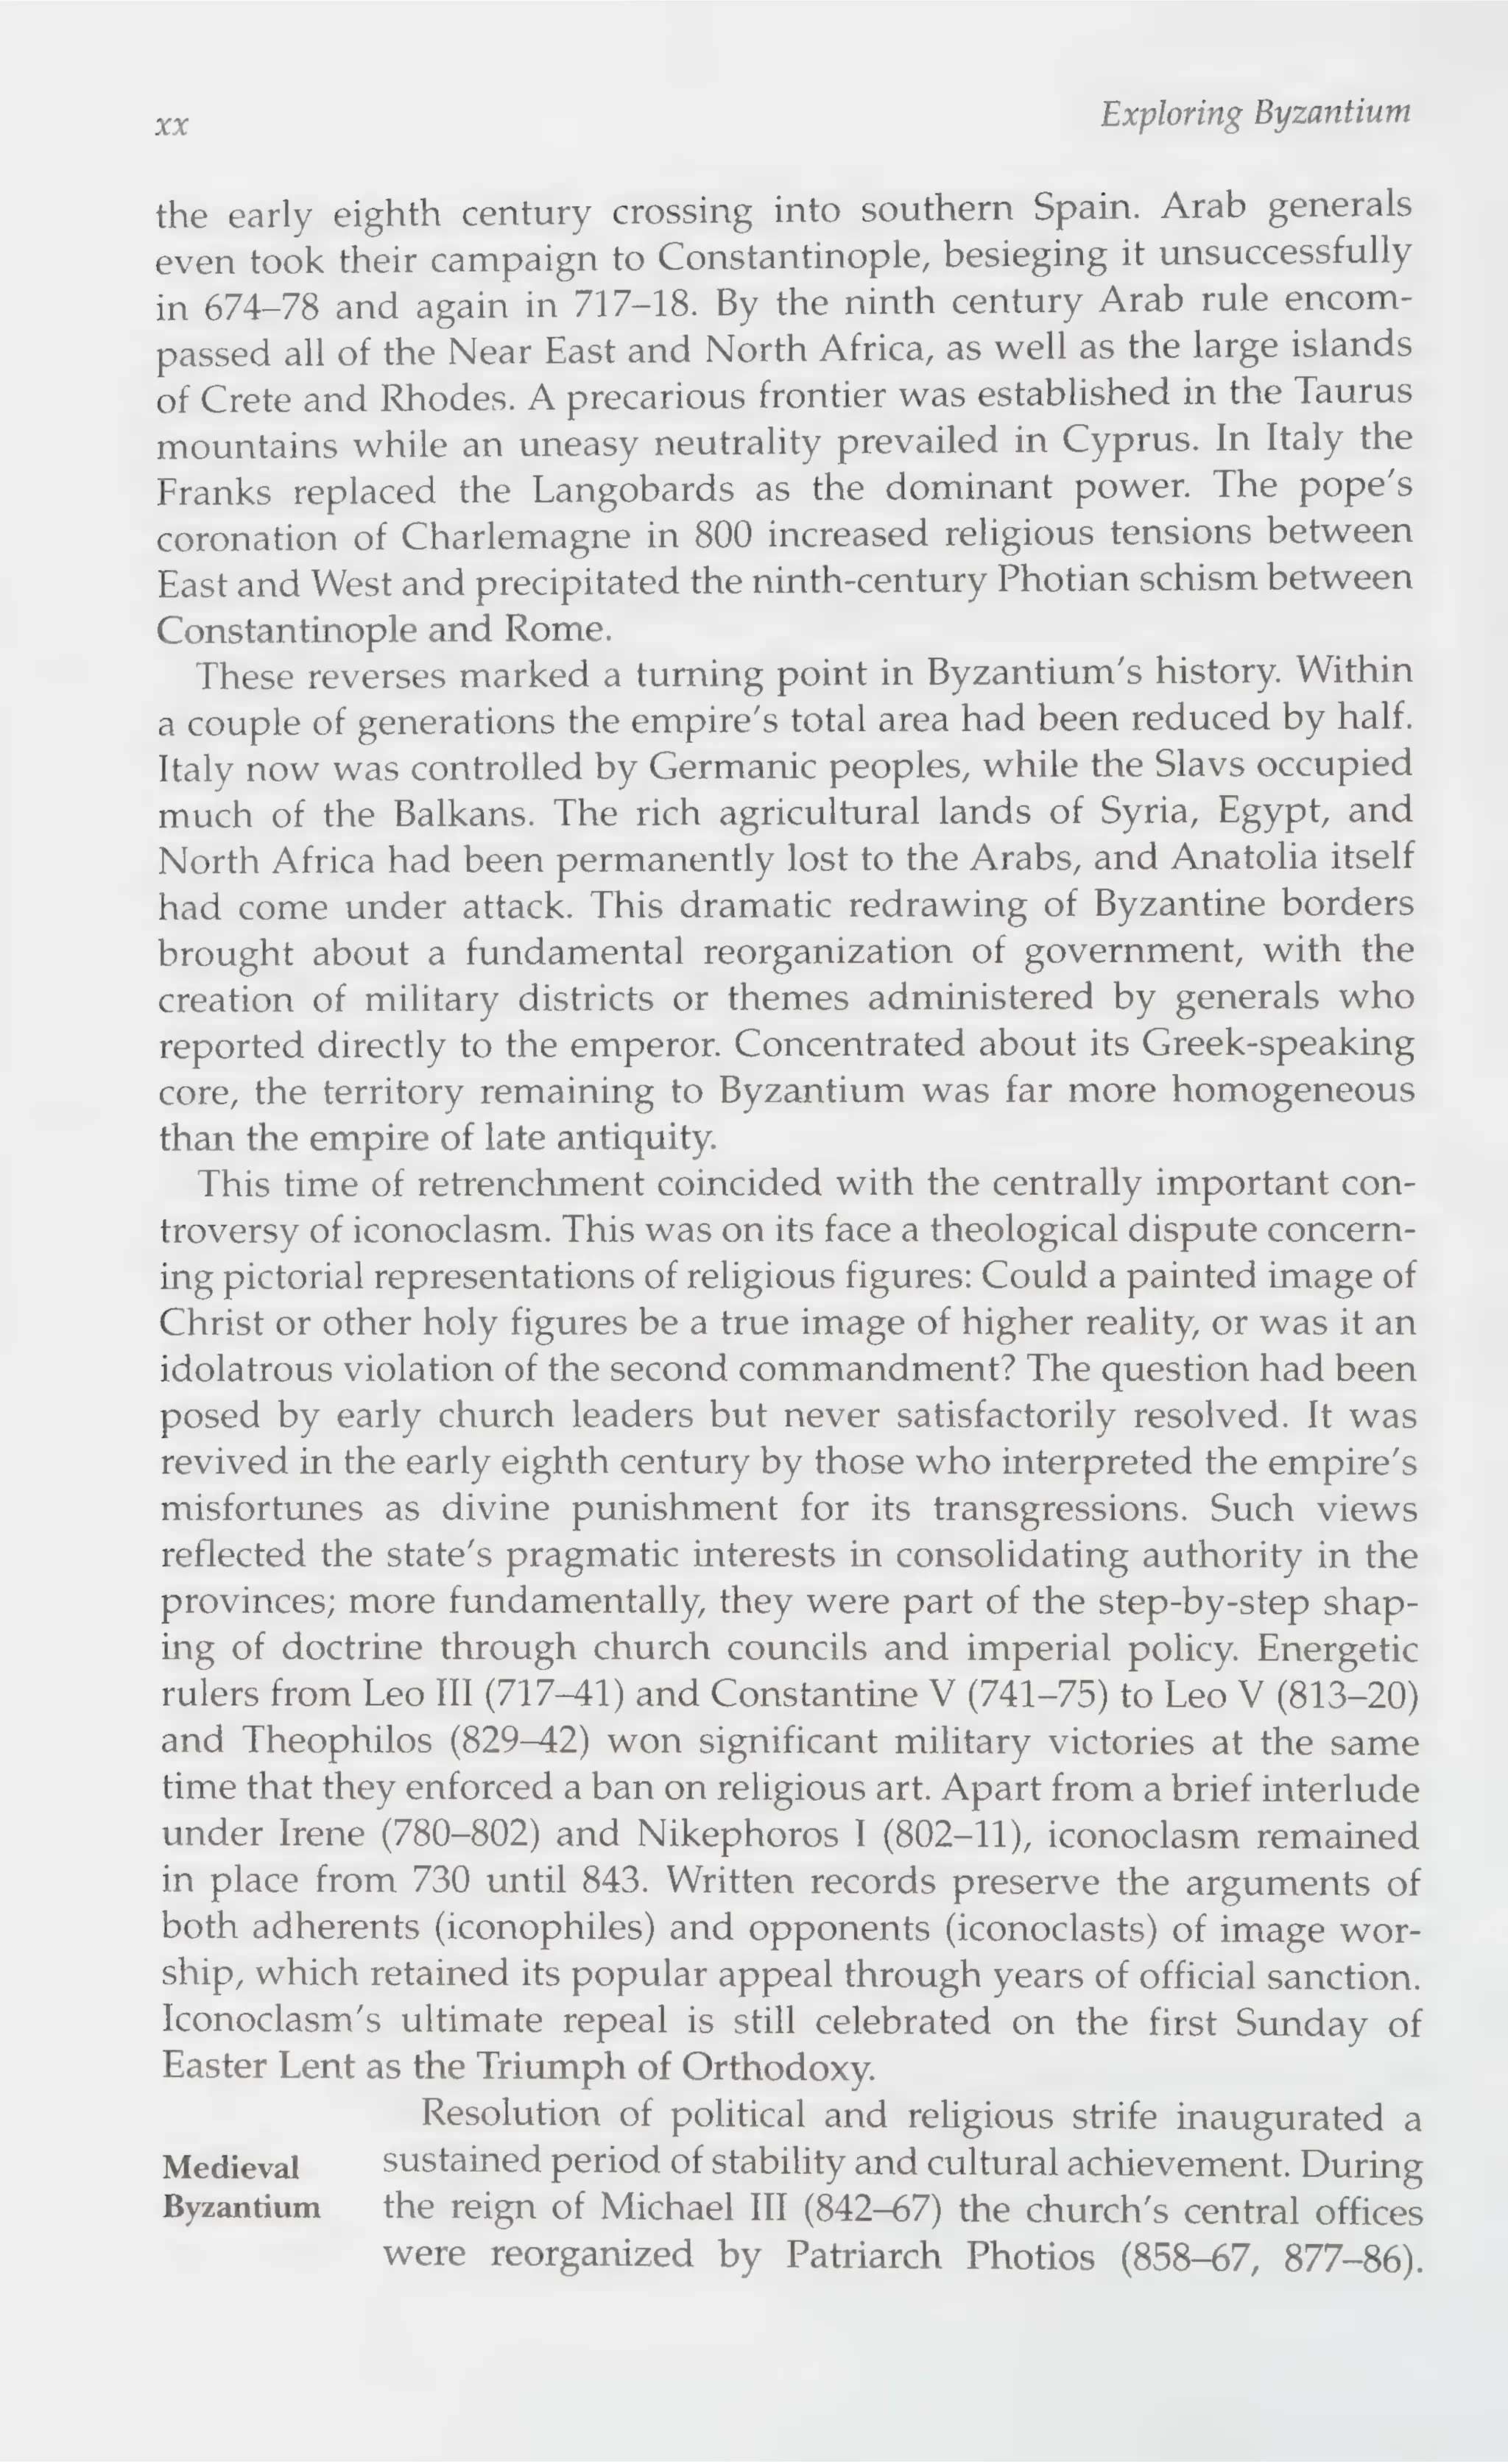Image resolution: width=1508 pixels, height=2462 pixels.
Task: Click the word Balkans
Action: (459, 814)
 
